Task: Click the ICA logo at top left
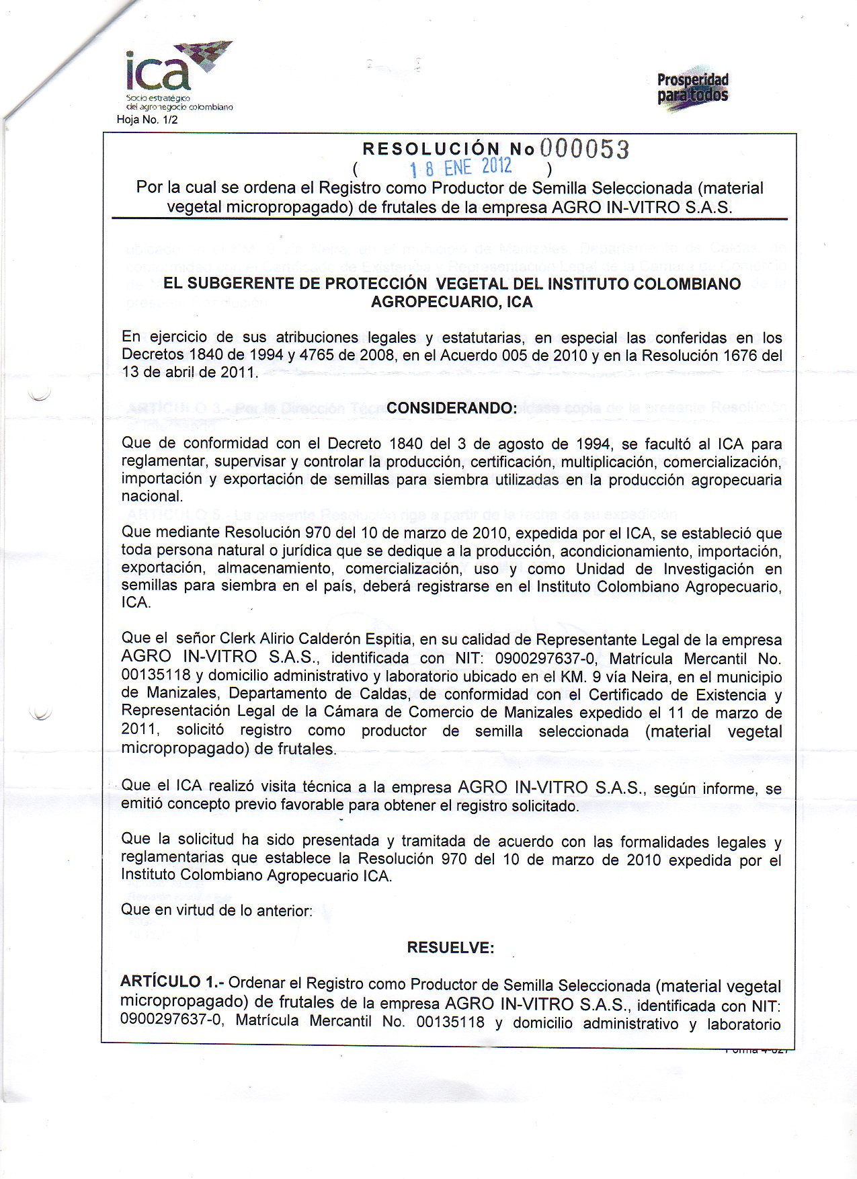[176, 74]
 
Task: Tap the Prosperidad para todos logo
[692, 89]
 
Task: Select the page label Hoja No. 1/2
[147, 120]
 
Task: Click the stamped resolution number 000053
[583, 149]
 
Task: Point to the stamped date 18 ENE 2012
[461, 167]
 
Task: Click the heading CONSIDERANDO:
[452, 408]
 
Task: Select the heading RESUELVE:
[450, 948]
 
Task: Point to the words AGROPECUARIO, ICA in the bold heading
[452, 302]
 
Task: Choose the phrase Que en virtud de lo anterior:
[216, 911]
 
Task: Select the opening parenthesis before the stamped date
[355, 168]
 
